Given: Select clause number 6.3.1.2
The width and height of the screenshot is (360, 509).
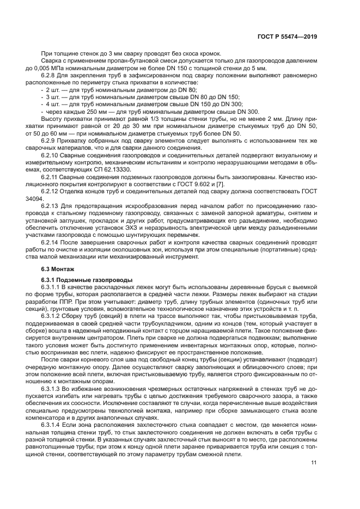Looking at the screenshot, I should pyautogui.click(x=56, y=315).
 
